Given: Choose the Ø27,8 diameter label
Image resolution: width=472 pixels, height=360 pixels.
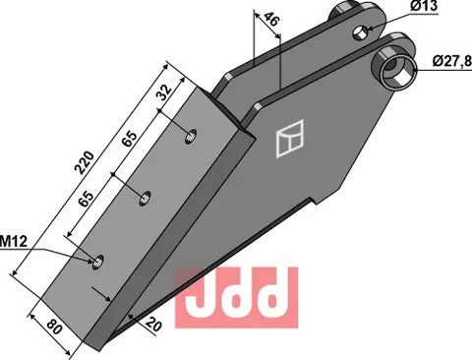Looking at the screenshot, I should (x=448, y=62).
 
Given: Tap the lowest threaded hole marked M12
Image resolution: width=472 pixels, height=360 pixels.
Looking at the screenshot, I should (x=97, y=260).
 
